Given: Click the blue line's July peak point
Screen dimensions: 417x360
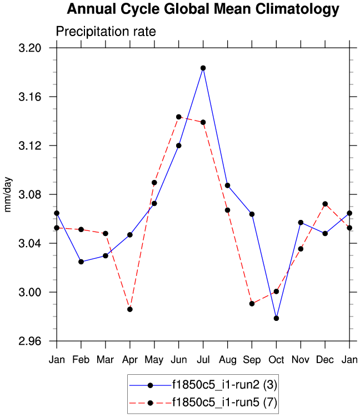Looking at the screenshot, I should click(203, 68).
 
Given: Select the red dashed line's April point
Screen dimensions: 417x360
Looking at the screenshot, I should click(130, 309).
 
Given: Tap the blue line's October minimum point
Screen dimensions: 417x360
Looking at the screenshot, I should click(276, 318).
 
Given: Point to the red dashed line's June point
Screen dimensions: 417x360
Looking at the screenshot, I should click(179, 117).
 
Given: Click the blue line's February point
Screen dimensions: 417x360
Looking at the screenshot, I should click(81, 262).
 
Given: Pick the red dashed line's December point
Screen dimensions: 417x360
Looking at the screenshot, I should click(325, 204).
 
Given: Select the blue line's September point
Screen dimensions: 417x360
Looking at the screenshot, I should click(252, 214).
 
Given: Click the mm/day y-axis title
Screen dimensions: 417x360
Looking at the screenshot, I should click(9, 194).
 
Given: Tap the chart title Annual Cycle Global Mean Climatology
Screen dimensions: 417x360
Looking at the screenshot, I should click(203, 9).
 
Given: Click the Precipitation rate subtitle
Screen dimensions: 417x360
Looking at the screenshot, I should click(106, 32).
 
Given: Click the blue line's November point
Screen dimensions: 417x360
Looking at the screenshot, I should click(301, 222).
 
